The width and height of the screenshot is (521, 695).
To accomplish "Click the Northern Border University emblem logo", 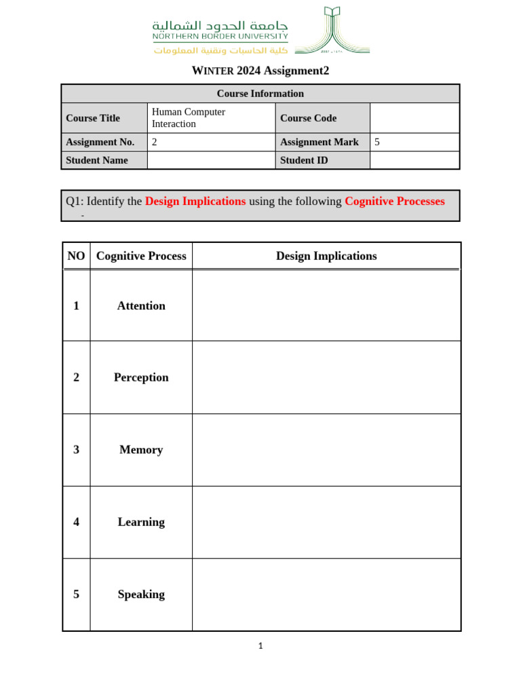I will tap(332, 31).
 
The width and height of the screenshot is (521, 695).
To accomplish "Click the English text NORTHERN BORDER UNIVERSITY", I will tap(220, 37).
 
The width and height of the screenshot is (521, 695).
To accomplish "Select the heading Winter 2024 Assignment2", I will tap(260, 71).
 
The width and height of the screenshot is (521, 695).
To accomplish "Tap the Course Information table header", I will tap(260, 94).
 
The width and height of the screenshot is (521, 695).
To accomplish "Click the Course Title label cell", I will tap(93, 118).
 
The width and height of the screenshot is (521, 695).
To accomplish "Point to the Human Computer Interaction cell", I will tap(189, 118).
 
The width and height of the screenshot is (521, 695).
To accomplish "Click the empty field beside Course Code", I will tap(414, 118).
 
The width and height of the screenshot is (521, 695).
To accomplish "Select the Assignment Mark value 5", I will tap(377, 142).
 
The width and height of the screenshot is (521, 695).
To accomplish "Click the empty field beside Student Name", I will tap(211, 160).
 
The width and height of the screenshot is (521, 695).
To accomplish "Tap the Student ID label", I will tap(304, 160).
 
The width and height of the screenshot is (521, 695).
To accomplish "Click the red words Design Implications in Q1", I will tap(195, 202).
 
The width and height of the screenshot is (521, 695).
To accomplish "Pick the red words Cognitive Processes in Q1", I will tap(395, 202).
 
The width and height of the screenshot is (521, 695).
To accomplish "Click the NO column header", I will tap(76, 256).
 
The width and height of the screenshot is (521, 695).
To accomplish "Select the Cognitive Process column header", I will tap(141, 256).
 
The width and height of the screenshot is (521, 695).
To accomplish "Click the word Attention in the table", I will tap(141, 306).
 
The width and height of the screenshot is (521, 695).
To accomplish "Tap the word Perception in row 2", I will tap(141, 377).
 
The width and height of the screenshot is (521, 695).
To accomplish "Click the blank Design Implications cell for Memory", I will tap(326, 450).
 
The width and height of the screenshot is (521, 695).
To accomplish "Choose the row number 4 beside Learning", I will tap(76, 522).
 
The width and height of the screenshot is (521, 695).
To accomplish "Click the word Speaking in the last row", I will tap(141, 595).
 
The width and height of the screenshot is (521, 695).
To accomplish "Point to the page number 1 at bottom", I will tap(260, 646).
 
